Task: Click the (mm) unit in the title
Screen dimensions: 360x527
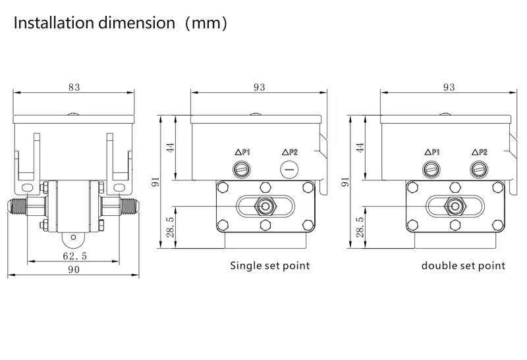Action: click(x=206, y=23)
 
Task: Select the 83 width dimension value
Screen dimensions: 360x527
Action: click(x=74, y=86)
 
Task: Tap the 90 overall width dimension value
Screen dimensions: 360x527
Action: click(x=74, y=270)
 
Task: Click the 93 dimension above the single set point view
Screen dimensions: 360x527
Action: click(x=259, y=86)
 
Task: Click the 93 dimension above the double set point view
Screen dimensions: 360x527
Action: click(x=449, y=86)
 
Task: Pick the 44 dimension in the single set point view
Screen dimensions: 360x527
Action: click(x=171, y=147)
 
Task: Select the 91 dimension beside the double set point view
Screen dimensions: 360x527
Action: click(x=345, y=182)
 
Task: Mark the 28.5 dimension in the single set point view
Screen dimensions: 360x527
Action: click(x=171, y=227)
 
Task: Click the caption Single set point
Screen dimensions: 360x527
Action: click(x=269, y=266)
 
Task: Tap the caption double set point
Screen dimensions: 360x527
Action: click(x=464, y=266)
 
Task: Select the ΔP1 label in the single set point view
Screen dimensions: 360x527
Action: click(x=243, y=152)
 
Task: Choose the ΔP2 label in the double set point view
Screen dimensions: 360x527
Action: click(x=479, y=152)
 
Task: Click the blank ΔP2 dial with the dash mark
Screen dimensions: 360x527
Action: click(x=289, y=169)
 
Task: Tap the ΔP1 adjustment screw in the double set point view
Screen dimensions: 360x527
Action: click(x=432, y=169)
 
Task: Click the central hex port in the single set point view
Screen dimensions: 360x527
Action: click(x=265, y=206)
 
